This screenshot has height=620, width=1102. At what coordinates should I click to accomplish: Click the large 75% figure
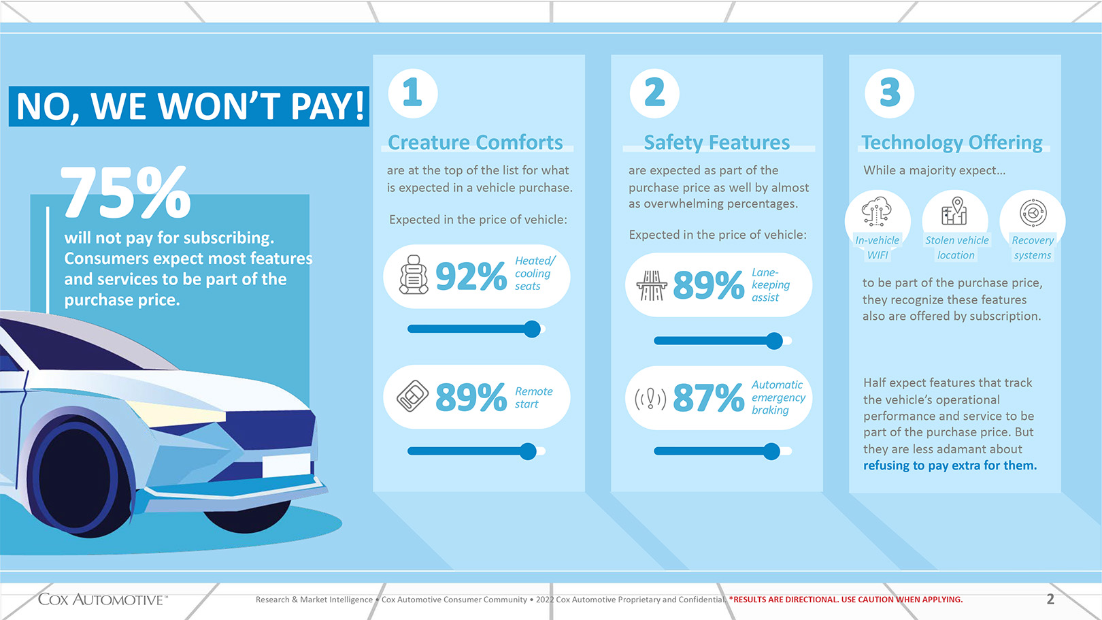click(125, 192)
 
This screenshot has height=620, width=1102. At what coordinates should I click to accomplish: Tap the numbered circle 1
click(413, 93)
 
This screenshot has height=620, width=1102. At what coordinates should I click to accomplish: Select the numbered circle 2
click(654, 93)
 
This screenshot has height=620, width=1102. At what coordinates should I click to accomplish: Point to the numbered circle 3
click(890, 93)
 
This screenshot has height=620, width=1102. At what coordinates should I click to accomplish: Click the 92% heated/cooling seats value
click(471, 276)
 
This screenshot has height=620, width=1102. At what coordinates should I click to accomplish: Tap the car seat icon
click(414, 274)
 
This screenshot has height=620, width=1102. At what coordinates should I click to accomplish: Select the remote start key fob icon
click(412, 395)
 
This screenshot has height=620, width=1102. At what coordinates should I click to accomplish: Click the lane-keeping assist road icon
click(652, 285)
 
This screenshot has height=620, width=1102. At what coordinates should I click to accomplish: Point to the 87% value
click(708, 397)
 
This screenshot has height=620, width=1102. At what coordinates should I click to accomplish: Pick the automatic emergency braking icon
click(650, 399)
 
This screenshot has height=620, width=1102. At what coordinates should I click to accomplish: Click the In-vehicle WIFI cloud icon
click(876, 212)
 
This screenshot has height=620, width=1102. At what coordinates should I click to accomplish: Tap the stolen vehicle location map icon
click(954, 211)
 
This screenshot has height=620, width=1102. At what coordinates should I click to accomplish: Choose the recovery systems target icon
click(1033, 213)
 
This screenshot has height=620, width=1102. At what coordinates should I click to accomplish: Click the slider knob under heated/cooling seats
click(532, 329)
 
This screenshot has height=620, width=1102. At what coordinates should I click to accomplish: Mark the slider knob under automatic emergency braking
click(771, 451)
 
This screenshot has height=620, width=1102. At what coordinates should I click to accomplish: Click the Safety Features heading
click(717, 143)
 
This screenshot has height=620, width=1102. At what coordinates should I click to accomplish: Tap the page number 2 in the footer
click(1050, 599)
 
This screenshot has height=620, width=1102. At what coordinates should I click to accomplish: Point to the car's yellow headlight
click(177, 412)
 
